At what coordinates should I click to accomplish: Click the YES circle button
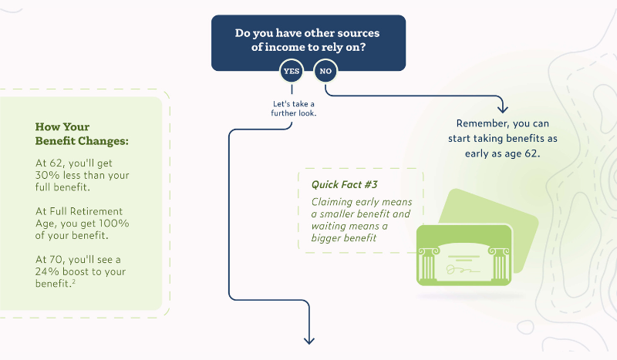292,72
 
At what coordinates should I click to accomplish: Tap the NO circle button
325,72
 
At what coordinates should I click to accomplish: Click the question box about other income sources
308,37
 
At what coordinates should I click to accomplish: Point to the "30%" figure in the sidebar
50,175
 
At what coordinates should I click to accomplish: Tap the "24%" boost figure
51,271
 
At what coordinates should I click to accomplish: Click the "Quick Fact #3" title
346,184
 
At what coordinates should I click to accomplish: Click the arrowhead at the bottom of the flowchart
310,339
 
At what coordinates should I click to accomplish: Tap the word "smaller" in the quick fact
370,214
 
